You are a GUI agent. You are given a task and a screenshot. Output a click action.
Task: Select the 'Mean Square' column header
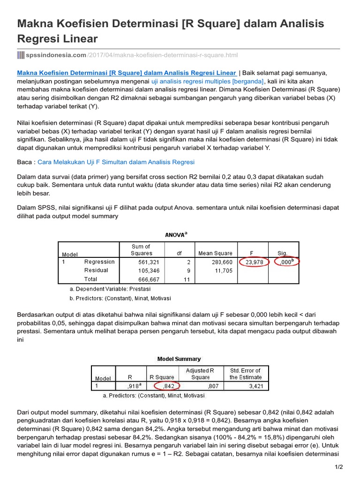coord(215,253)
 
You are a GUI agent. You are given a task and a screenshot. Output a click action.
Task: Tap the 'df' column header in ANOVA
coord(179,253)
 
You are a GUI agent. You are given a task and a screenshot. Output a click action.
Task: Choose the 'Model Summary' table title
coord(179,359)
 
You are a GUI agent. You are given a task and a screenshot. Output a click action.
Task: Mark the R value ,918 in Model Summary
coord(134,386)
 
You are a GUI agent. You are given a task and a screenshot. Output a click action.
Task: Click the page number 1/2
coord(338,467)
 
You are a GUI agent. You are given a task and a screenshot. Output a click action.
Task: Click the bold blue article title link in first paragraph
coord(127,73)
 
